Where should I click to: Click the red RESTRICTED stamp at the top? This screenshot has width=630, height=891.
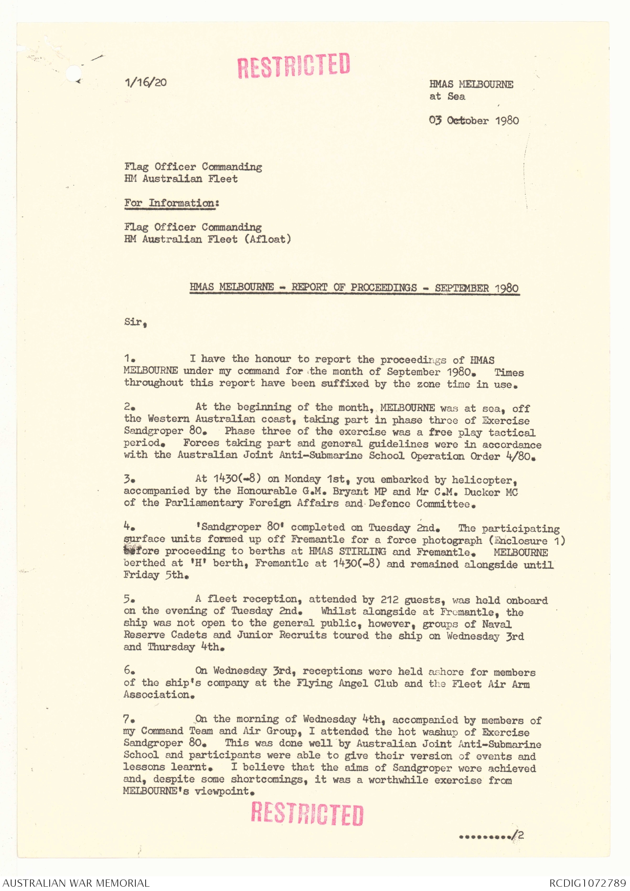pos(294,65)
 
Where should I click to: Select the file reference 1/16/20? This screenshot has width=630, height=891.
pos(146,82)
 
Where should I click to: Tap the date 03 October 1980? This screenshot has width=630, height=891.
pos(474,120)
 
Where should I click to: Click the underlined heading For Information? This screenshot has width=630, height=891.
pos(171,203)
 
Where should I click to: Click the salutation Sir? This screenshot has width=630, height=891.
pos(135,322)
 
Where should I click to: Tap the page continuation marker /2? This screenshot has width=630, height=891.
pos(519,835)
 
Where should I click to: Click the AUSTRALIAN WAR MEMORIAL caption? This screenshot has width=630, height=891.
pos(76,883)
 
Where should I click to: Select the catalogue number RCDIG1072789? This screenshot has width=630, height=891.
pos(587,883)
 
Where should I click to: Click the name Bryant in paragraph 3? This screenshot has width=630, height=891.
pos(350,492)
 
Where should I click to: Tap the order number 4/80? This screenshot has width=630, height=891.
pos(519,456)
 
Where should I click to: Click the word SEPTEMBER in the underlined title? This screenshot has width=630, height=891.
pos(462,288)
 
